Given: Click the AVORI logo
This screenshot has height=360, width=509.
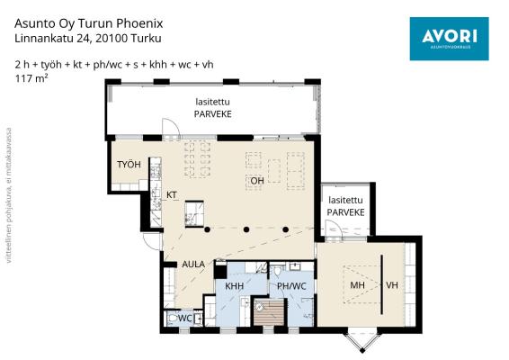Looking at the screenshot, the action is tap(449, 39).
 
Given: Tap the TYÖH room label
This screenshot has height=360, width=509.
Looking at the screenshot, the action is tap(129, 165).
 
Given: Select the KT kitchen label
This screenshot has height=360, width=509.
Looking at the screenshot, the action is tap(172, 195).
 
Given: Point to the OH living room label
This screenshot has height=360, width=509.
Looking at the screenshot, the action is tap(257, 181).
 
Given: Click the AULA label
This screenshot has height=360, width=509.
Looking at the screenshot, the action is tap(193, 265).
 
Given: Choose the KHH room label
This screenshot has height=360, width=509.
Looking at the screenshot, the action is tap(235, 286).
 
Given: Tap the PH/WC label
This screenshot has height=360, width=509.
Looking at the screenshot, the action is tap(291, 286).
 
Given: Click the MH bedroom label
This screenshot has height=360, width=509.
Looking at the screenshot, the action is tap(357, 285).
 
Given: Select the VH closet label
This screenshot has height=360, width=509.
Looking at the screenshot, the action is tap(392, 285).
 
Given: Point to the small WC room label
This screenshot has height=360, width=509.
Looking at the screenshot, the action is tap(185, 319).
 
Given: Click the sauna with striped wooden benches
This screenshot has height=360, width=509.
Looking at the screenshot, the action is tap(269, 312).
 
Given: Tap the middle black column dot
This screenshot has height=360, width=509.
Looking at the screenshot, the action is tap(246, 229).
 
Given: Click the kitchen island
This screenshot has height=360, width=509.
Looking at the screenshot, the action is tap(194, 213).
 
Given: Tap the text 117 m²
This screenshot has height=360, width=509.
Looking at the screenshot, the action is tap(31, 78).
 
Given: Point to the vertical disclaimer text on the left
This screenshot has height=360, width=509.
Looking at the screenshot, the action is tap(9, 195).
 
